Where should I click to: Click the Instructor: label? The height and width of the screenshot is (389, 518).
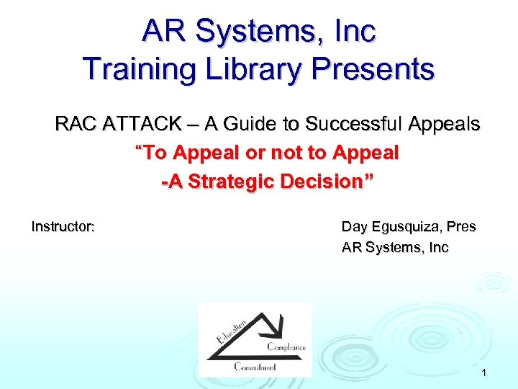63,227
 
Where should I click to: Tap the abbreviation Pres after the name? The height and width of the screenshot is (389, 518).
460,227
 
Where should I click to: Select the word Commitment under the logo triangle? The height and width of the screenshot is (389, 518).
255,367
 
